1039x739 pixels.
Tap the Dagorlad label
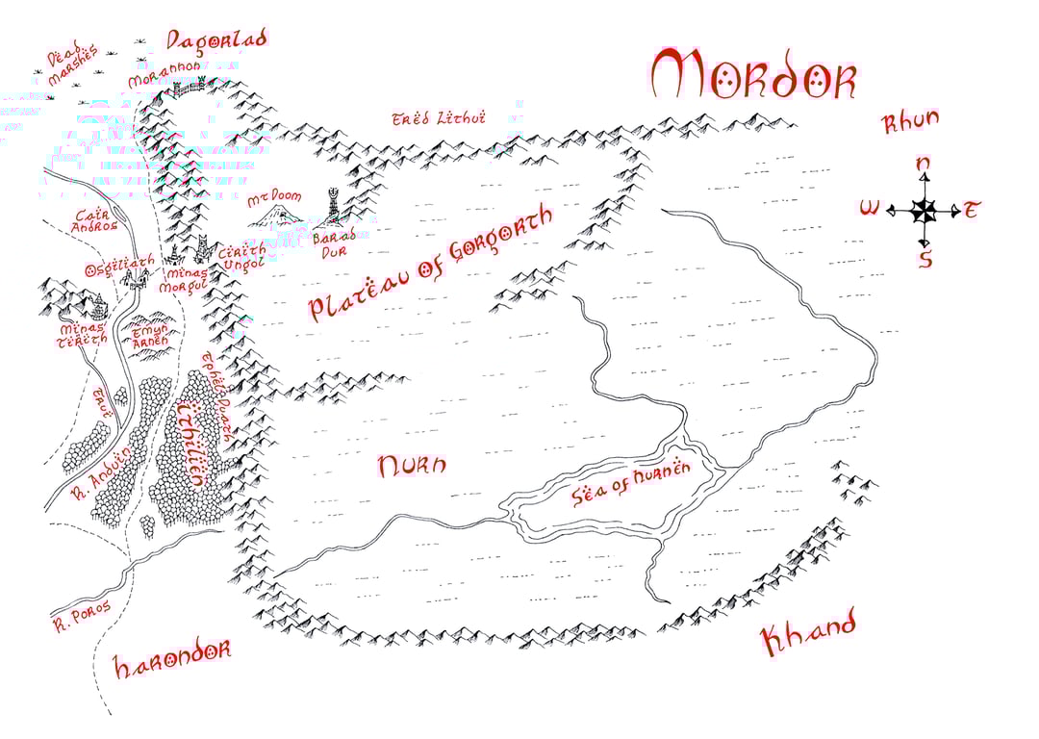coord(215,40)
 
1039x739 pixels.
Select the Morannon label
coord(164,75)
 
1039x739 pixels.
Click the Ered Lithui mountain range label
coord(439,118)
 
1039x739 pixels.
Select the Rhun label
coord(909,123)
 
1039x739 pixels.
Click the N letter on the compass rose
coord(923,166)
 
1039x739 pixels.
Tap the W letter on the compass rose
coord(870,209)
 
